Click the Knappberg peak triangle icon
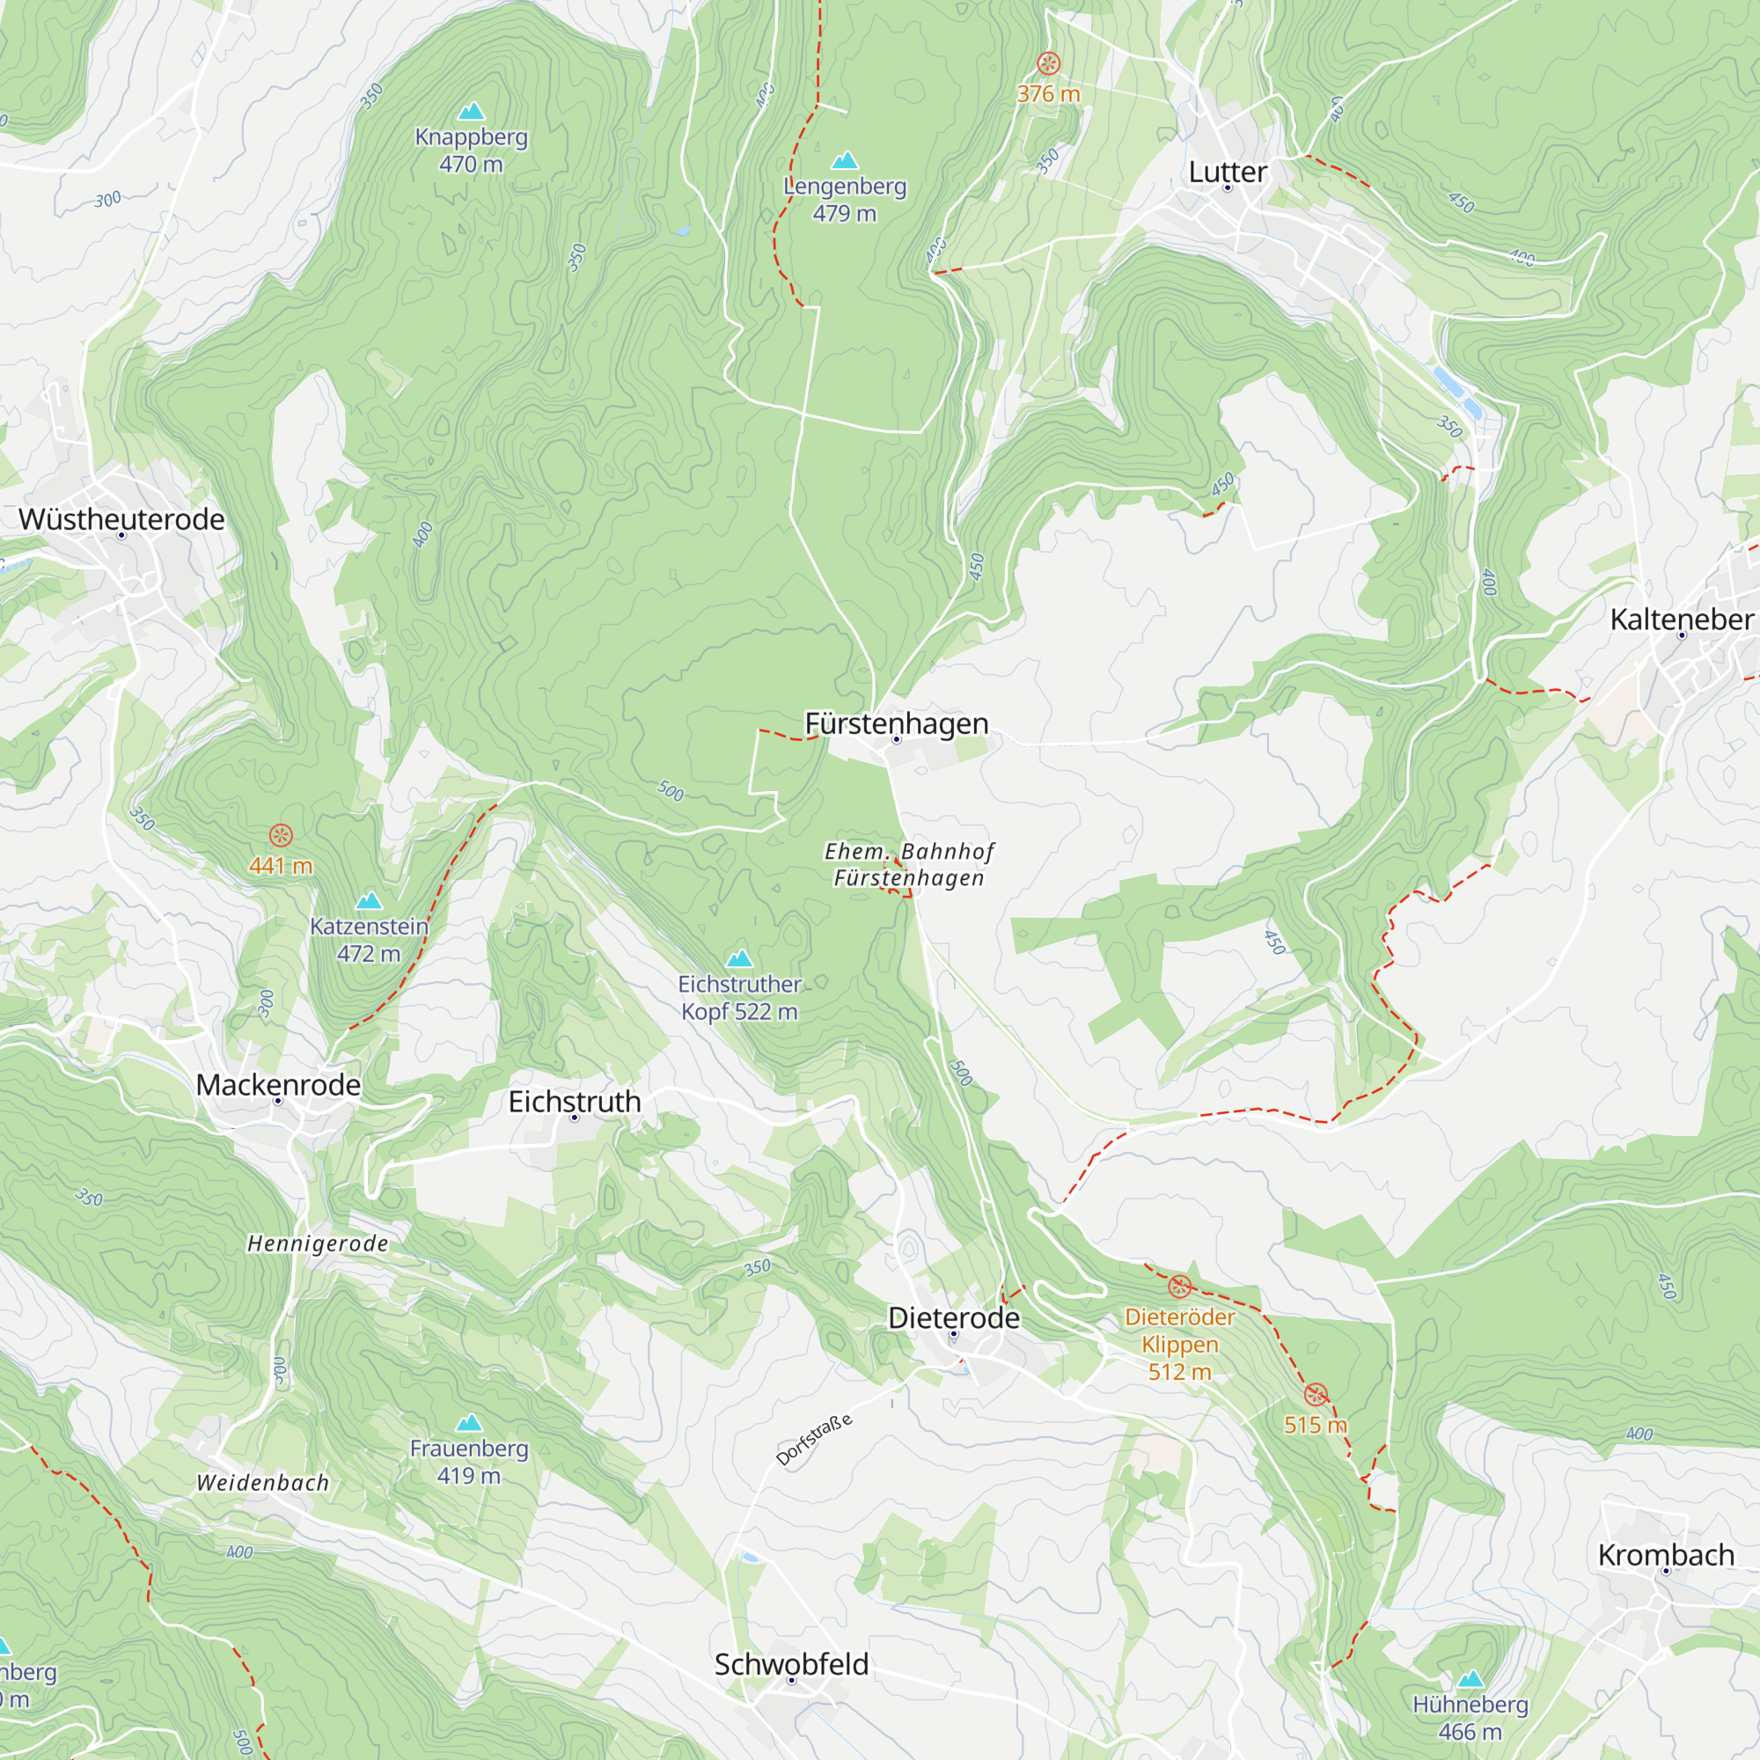[x=471, y=112]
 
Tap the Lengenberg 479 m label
[x=845, y=200]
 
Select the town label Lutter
[x=1227, y=172]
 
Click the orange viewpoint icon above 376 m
[x=1049, y=62]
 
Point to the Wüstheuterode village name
[x=121, y=519]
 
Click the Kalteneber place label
[x=1681, y=620]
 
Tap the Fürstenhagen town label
[x=897, y=723]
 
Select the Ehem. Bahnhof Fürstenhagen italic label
[x=908, y=864]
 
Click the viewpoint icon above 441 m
[x=281, y=835]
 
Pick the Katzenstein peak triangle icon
[x=369, y=901]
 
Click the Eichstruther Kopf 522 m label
[x=740, y=998]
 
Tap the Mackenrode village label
[x=278, y=1085]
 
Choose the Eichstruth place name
[x=574, y=1102]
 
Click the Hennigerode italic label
[x=318, y=1244]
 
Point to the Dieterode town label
[x=954, y=1318]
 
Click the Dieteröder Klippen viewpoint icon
[x=1180, y=1287]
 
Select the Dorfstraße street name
[x=813, y=1441]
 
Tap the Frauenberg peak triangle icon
[x=468, y=1423]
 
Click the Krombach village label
[x=1665, y=1555]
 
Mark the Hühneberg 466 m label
[x=1470, y=1717]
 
